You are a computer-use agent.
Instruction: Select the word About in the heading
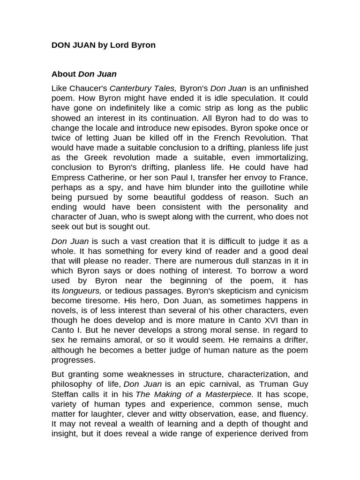tap(63, 74)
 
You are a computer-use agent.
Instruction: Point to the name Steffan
tap(66, 394)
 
